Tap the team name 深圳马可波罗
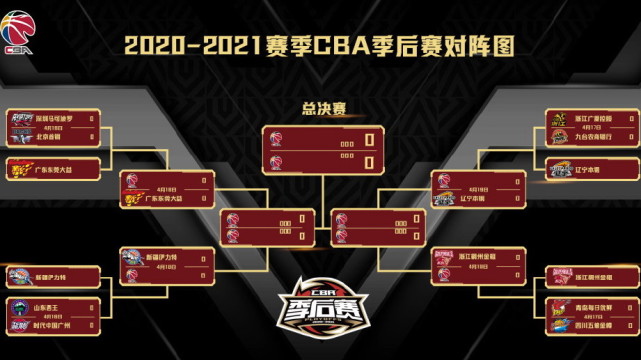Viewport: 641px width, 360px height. (x=56, y=117)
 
